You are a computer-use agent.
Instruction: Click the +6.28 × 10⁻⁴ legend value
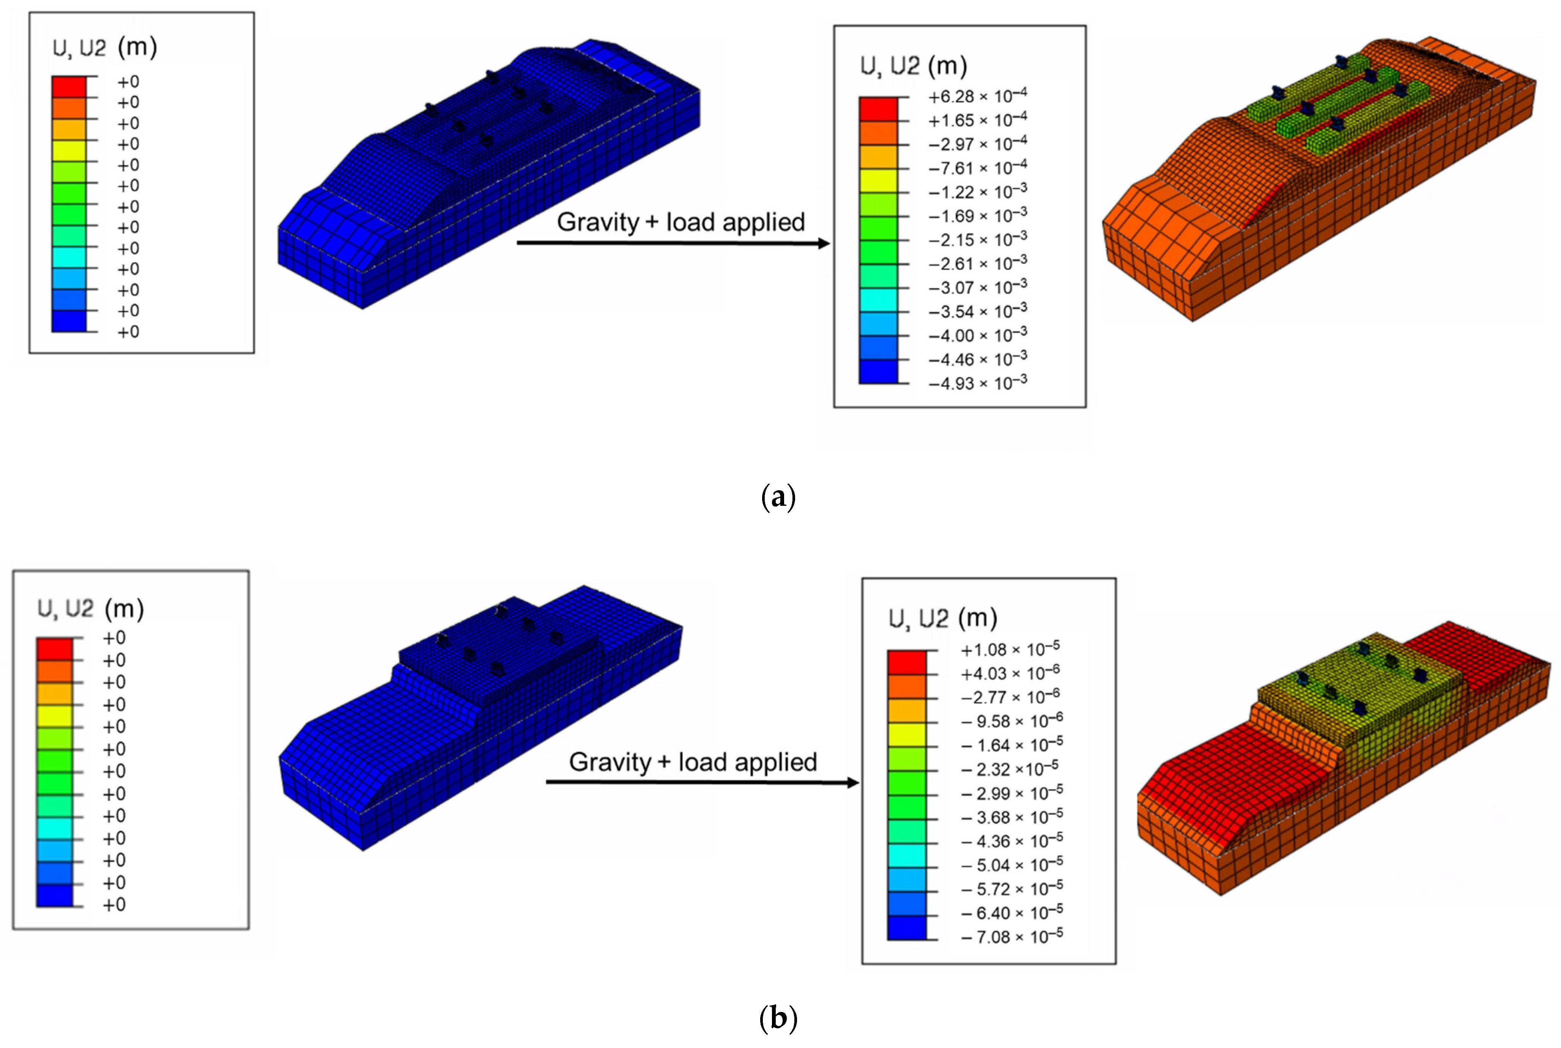(977, 96)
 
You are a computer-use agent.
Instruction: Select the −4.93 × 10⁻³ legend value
(977, 383)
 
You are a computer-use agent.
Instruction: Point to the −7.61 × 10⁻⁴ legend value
(977, 168)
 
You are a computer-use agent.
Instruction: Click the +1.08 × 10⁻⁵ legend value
(1010, 649)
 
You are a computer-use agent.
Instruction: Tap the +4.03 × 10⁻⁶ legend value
(1010, 673)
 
